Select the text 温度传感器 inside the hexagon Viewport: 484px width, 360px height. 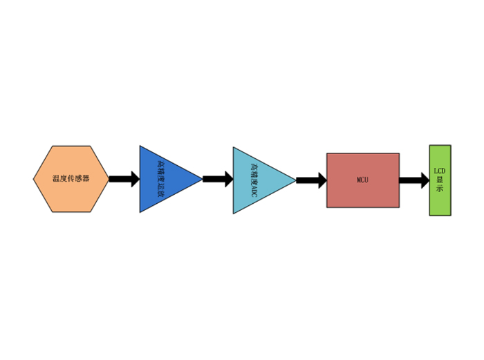tap(71, 179)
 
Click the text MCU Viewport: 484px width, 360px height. tap(363, 180)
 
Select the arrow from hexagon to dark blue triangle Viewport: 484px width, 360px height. tap(123, 179)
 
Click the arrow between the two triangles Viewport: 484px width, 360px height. tap(217, 179)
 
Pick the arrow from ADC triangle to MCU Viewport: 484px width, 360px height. tap(310, 180)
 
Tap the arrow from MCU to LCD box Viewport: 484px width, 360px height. tap(413, 180)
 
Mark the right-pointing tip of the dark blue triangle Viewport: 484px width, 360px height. tap(201, 179)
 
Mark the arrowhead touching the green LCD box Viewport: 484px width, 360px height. tap(424, 180)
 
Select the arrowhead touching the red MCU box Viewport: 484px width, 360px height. tap(322, 180)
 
